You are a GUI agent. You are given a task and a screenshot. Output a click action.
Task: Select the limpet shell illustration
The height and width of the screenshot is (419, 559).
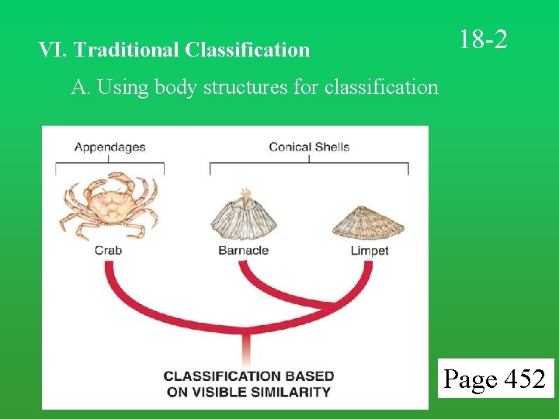(369, 223)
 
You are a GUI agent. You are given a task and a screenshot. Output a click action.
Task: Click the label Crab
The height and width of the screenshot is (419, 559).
(108, 251)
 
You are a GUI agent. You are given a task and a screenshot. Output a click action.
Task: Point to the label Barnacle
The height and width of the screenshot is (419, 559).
(243, 251)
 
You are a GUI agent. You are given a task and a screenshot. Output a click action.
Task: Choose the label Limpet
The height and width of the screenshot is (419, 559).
(369, 251)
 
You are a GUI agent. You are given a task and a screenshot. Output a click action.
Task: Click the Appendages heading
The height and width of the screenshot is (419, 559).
(109, 147)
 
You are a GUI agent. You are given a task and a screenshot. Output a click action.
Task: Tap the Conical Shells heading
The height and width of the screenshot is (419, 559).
(309, 147)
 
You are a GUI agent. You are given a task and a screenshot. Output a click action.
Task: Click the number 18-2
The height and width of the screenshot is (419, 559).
(483, 39)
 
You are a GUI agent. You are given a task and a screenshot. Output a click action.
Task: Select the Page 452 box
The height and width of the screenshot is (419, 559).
(495, 379)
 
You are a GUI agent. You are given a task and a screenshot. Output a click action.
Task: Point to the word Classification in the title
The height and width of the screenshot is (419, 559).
(248, 50)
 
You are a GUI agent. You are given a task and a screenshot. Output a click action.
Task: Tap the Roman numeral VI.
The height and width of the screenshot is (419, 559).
(52, 50)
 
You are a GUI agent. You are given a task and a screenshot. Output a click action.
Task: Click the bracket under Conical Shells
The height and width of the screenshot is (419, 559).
(309, 164)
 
